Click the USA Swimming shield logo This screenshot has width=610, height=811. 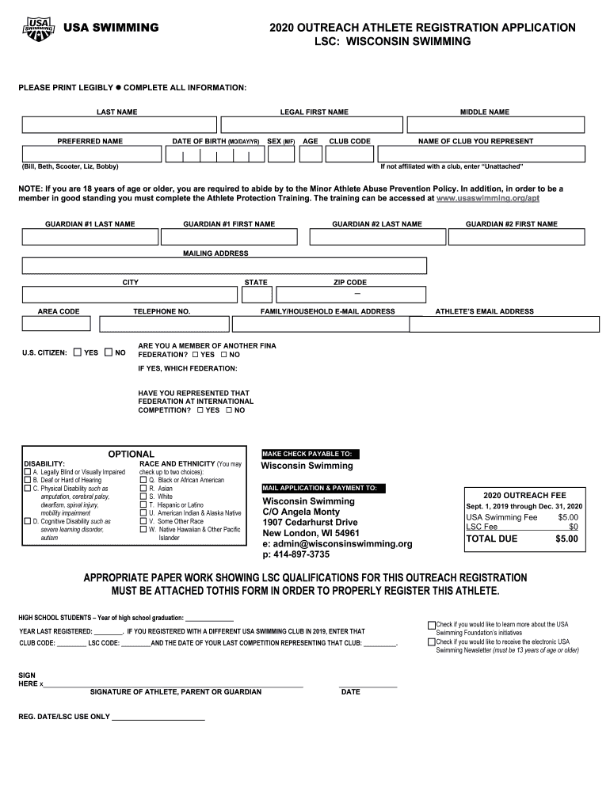click(40, 28)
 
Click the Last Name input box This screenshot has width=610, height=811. click(119, 125)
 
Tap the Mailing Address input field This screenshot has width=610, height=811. click(224, 265)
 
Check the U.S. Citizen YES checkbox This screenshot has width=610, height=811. click(78, 352)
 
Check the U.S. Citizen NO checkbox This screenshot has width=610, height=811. click(109, 352)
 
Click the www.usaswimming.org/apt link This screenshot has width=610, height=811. click(488, 199)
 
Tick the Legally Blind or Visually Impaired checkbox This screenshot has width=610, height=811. click(28, 472)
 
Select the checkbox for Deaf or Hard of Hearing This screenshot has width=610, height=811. click(28, 480)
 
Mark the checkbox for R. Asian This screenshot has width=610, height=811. click(143, 489)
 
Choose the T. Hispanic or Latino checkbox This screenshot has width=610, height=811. click(143, 504)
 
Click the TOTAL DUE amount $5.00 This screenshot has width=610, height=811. click(566, 539)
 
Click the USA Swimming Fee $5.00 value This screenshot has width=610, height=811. click(567, 517)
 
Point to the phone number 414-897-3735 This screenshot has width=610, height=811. click(296, 554)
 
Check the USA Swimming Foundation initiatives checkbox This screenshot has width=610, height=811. click(432, 625)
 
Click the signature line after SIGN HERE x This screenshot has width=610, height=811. click(174, 683)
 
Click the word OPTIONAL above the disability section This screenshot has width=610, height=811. click(131, 454)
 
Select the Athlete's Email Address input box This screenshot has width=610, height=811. click(504, 324)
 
